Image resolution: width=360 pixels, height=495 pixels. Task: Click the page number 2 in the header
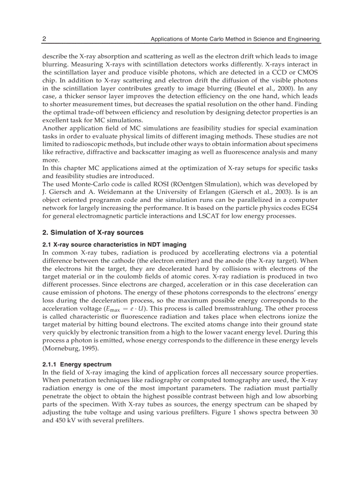point(44,39)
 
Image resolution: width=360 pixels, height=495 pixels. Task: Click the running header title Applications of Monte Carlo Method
point(235,39)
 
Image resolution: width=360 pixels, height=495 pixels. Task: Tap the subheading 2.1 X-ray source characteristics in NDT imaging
point(114,244)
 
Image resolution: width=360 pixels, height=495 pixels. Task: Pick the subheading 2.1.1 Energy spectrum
point(77,364)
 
